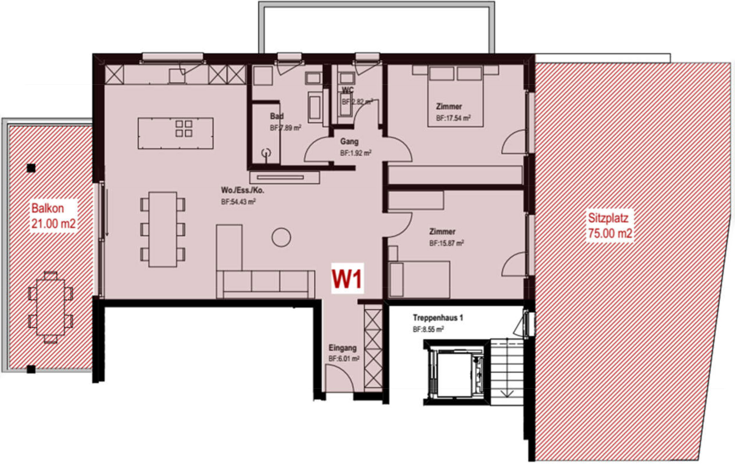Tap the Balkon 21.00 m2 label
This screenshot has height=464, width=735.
click(53, 216)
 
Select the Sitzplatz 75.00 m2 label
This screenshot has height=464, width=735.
click(609, 226)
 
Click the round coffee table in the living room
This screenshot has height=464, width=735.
click(281, 237)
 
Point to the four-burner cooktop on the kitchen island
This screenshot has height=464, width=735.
click(184, 128)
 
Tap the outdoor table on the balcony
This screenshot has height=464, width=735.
click(51, 307)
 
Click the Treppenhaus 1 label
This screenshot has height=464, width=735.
click(438, 318)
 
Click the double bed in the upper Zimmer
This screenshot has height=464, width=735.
click(455, 98)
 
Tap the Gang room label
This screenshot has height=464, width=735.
click(349, 142)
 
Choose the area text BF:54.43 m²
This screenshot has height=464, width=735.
click(238, 202)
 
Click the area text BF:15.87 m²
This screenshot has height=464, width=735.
click(447, 243)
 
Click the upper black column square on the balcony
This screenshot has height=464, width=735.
click(31, 168)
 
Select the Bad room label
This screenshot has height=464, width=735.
click(277, 116)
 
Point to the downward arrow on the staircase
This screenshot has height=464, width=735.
click(507, 394)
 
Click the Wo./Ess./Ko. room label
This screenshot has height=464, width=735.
click(243, 190)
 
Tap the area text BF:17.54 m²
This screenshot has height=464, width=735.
click(453, 118)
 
